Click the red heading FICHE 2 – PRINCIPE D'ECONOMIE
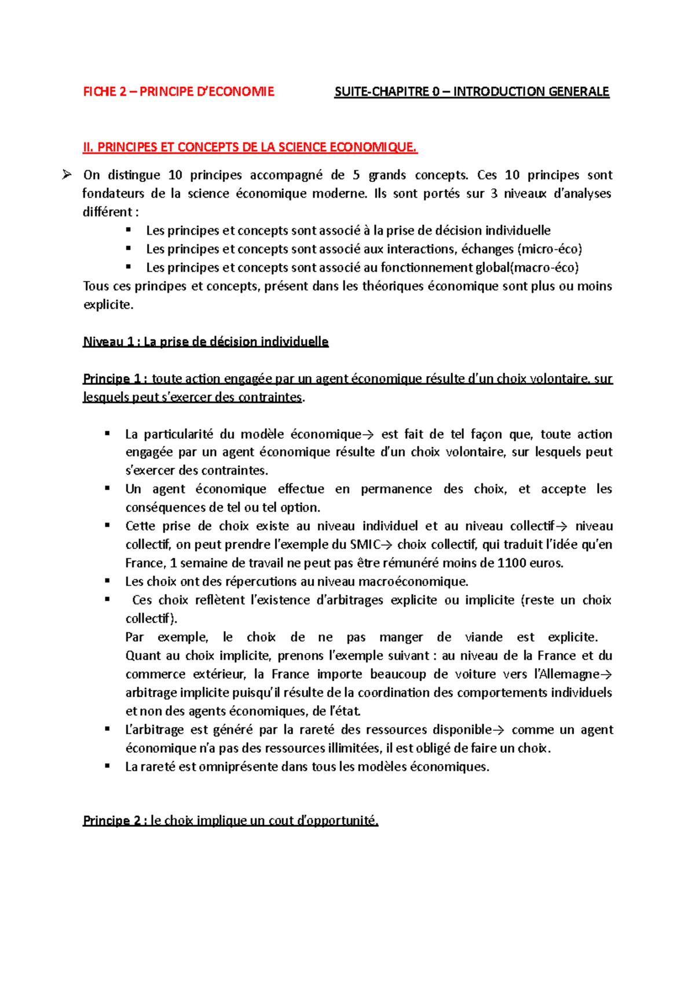[178, 92]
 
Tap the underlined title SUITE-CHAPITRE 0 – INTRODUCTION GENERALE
[471, 92]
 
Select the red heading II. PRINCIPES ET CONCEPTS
[250, 147]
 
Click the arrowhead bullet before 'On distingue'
[66, 174]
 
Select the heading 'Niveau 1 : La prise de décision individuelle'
[206, 342]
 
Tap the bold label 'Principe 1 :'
[115, 379]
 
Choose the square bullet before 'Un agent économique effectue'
[107, 489]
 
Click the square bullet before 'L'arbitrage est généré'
[107, 729]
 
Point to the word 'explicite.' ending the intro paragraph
[108, 305]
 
